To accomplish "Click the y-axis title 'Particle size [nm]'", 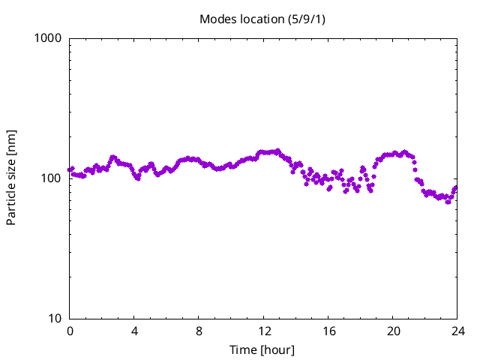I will (12, 177).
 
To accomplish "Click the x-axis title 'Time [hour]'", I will (262, 349).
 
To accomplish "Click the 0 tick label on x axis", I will (70, 331).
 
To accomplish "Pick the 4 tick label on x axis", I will (134, 331).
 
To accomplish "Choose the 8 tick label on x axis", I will (199, 331).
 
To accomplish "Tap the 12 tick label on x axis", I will (264, 331).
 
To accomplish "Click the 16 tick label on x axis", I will (328, 331).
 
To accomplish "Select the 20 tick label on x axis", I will (393, 331).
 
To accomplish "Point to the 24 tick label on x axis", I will (457, 331).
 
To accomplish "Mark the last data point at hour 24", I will (455, 187).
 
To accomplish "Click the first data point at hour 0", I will (70, 169).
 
